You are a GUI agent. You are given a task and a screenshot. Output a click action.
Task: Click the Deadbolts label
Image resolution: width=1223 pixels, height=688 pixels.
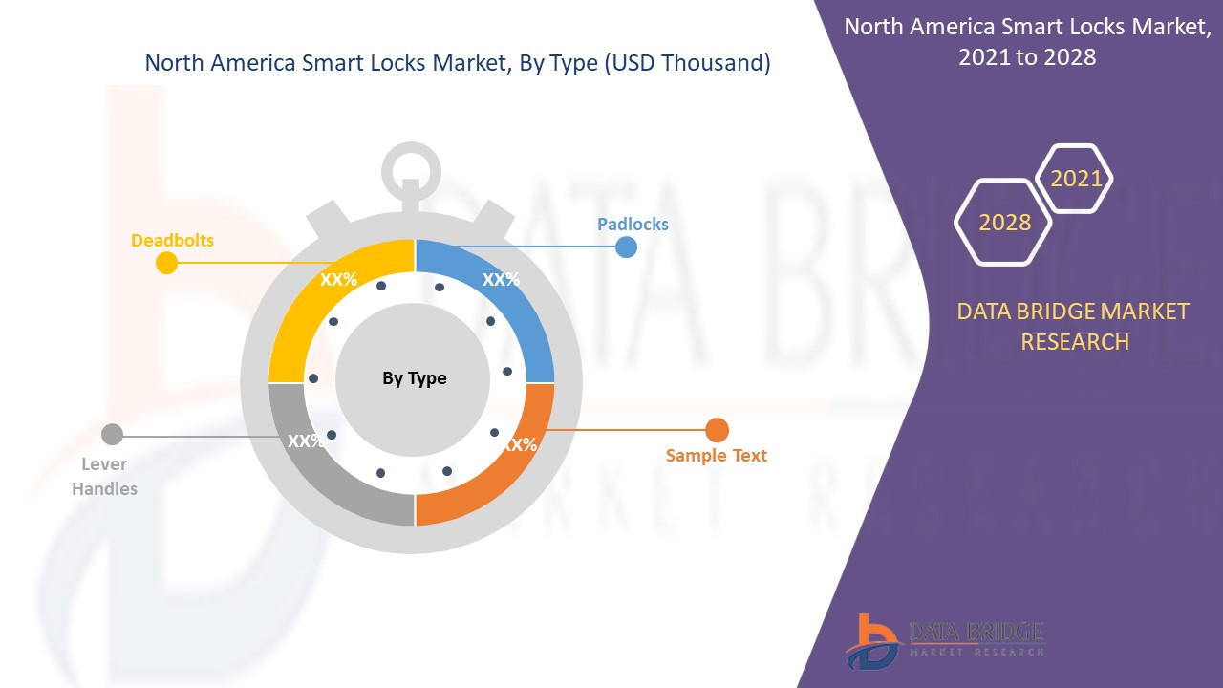point(172,240)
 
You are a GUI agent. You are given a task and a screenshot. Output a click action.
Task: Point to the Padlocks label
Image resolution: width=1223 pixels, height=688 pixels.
point(633,225)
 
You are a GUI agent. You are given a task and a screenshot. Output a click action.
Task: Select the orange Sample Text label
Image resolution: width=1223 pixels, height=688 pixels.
point(716,456)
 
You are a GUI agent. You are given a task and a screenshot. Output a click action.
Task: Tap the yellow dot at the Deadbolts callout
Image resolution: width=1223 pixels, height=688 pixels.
point(167,263)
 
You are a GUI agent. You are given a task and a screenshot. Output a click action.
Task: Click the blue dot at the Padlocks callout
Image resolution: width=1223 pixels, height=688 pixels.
point(626,247)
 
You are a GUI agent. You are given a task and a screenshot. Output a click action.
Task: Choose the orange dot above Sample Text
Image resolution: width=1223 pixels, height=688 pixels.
point(717,430)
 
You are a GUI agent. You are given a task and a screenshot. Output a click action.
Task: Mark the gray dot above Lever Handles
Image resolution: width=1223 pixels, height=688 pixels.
point(112,435)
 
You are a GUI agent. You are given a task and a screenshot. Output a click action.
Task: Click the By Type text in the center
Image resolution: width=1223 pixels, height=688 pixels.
point(415,378)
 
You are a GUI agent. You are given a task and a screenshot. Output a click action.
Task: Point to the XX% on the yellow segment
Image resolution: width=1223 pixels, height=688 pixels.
point(338,280)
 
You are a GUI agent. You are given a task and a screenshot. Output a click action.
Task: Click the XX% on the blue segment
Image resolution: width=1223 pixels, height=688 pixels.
point(501,280)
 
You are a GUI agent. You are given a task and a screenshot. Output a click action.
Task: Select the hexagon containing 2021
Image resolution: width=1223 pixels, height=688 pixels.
point(1076,179)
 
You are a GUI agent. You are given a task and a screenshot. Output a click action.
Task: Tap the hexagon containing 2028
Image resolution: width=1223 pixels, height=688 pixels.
point(1004,223)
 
